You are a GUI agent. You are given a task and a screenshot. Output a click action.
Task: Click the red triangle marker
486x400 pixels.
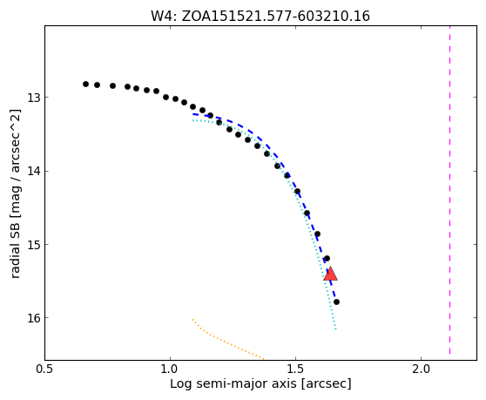tap(330, 275)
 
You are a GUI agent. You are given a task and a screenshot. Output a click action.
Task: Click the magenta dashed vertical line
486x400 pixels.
tap(449, 190)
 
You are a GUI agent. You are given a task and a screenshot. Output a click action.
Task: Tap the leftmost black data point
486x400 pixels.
tap(86, 84)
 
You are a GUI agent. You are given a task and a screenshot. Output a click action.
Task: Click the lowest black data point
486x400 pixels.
tap(336, 302)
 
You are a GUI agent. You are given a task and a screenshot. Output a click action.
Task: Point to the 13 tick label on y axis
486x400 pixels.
tap(34, 98)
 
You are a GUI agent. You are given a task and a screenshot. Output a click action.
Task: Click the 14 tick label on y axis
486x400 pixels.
tap(34, 171)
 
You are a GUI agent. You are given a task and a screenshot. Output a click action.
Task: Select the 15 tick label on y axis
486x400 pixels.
tap(34, 245)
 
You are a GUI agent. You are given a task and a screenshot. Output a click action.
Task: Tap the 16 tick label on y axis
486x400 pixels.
tap(34, 318)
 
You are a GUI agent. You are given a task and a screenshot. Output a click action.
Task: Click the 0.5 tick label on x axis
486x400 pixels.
tap(45, 369)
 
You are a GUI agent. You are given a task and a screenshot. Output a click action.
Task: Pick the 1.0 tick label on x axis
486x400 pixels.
tap(170, 369)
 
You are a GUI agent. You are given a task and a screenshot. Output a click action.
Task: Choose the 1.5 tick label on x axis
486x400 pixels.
tap(295, 369)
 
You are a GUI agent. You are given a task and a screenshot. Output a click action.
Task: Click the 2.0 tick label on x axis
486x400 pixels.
tap(422, 369)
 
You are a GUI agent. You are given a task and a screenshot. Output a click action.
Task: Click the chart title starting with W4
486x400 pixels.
tap(260, 17)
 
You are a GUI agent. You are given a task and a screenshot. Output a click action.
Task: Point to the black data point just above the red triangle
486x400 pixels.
tap(327, 258)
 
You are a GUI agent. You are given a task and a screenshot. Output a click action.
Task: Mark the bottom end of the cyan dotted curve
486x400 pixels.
tap(335, 329)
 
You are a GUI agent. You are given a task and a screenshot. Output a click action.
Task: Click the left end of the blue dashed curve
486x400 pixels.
tap(193, 114)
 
